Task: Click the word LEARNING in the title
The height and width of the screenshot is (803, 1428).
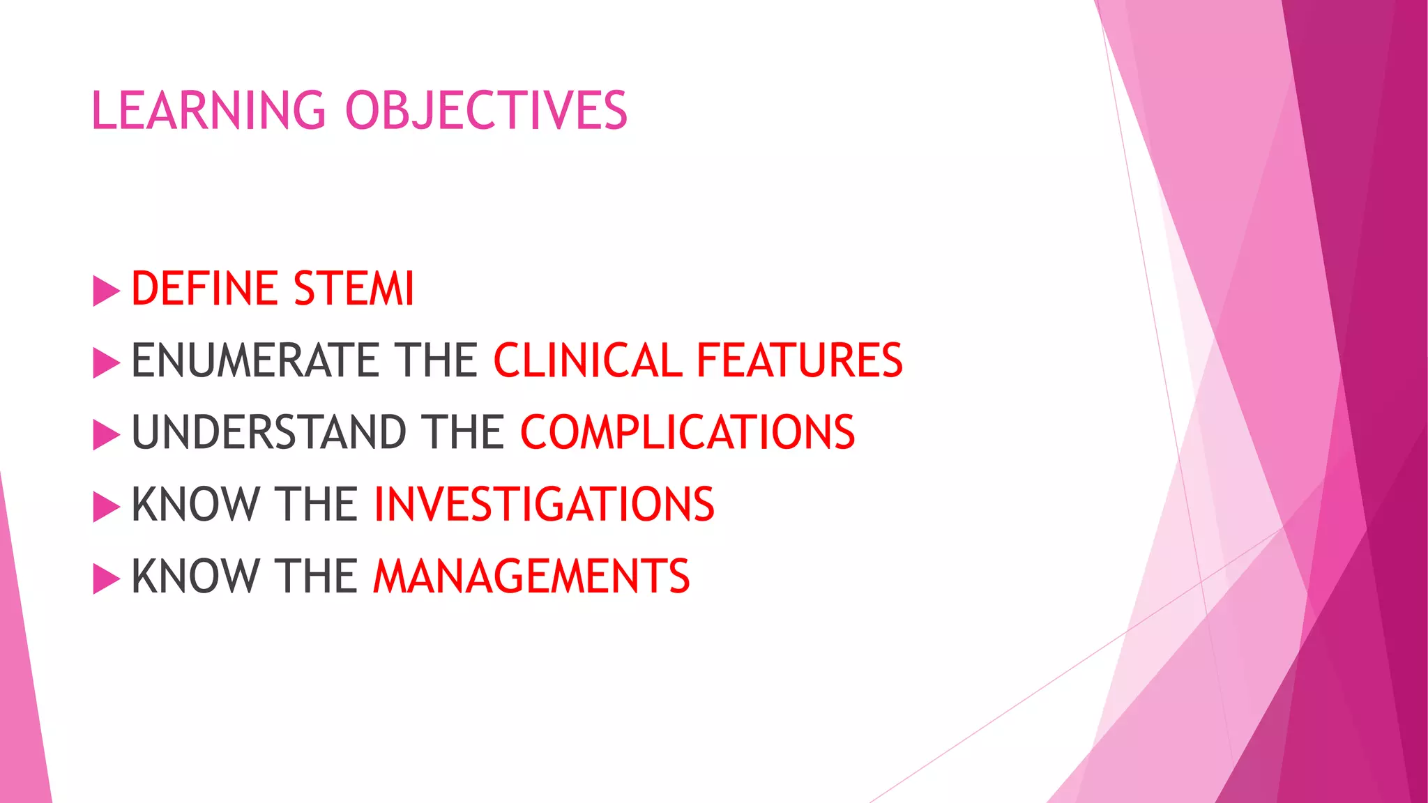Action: [208, 110]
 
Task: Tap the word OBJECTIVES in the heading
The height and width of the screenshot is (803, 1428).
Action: [487, 110]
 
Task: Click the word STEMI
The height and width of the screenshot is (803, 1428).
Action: [354, 289]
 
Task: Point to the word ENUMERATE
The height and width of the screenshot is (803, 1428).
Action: [255, 360]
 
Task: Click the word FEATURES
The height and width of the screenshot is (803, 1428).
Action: [799, 360]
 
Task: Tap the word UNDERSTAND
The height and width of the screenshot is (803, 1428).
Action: [268, 432]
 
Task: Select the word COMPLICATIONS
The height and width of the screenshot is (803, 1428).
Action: [688, 432]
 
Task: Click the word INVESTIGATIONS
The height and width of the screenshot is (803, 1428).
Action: [544, 504]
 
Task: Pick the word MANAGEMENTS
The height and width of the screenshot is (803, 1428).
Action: [531, 576]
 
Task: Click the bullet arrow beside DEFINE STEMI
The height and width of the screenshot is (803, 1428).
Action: [106, 291]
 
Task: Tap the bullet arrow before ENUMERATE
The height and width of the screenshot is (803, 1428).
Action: [106, 362]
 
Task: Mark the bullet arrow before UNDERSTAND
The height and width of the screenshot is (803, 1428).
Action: [106, 434]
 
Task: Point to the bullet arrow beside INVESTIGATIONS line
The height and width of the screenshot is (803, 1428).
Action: [106, 506]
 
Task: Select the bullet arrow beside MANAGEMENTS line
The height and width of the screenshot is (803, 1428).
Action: [106, 579]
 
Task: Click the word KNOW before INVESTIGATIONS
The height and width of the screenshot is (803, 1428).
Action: [195, 504]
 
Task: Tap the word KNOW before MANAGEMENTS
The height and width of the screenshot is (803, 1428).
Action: [195, 576]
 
